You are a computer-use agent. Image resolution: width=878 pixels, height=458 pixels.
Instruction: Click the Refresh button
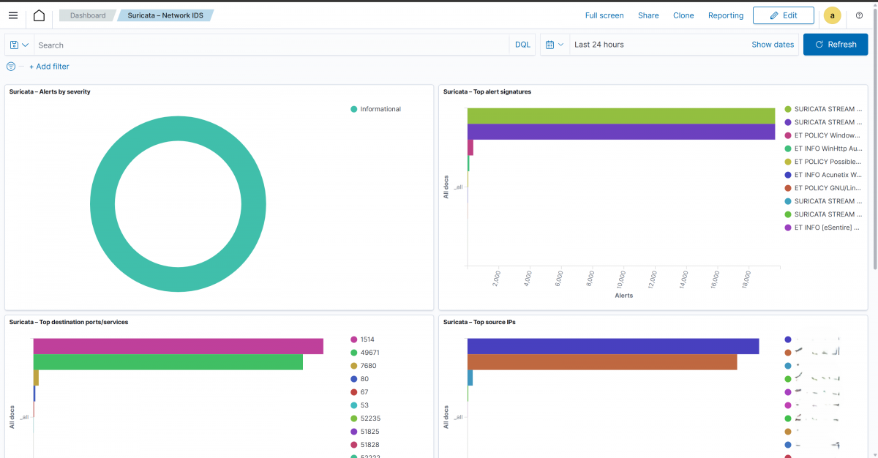835,45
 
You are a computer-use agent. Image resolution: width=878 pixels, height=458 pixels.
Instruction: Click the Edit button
783,15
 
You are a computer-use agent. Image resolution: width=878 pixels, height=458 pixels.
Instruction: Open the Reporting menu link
725,15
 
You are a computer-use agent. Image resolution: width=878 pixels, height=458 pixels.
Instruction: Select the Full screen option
604,15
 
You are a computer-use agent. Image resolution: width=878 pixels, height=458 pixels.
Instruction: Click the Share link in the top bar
648,15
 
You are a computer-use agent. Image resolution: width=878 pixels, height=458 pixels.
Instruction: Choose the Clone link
683,15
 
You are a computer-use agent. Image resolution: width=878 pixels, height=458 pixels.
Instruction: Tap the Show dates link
772,45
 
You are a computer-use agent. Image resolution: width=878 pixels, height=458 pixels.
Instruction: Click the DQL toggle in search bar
522,45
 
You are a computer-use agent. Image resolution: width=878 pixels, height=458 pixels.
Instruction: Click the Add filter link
49,67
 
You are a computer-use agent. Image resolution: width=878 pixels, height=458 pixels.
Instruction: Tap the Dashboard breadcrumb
88,15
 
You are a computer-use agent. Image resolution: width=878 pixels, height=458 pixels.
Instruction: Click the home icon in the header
39,15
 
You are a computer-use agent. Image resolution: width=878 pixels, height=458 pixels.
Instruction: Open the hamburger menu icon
13,15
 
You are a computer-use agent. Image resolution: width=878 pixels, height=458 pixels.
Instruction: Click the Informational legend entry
380,109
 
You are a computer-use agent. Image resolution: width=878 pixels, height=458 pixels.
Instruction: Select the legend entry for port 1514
367,339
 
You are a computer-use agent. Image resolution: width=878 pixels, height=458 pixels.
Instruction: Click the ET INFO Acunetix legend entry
828,175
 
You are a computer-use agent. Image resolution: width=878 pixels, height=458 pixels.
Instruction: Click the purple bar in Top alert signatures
620,132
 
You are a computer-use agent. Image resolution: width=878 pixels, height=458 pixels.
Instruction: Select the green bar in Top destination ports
168,362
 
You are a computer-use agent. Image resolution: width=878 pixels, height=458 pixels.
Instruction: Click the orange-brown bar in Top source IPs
601,362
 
